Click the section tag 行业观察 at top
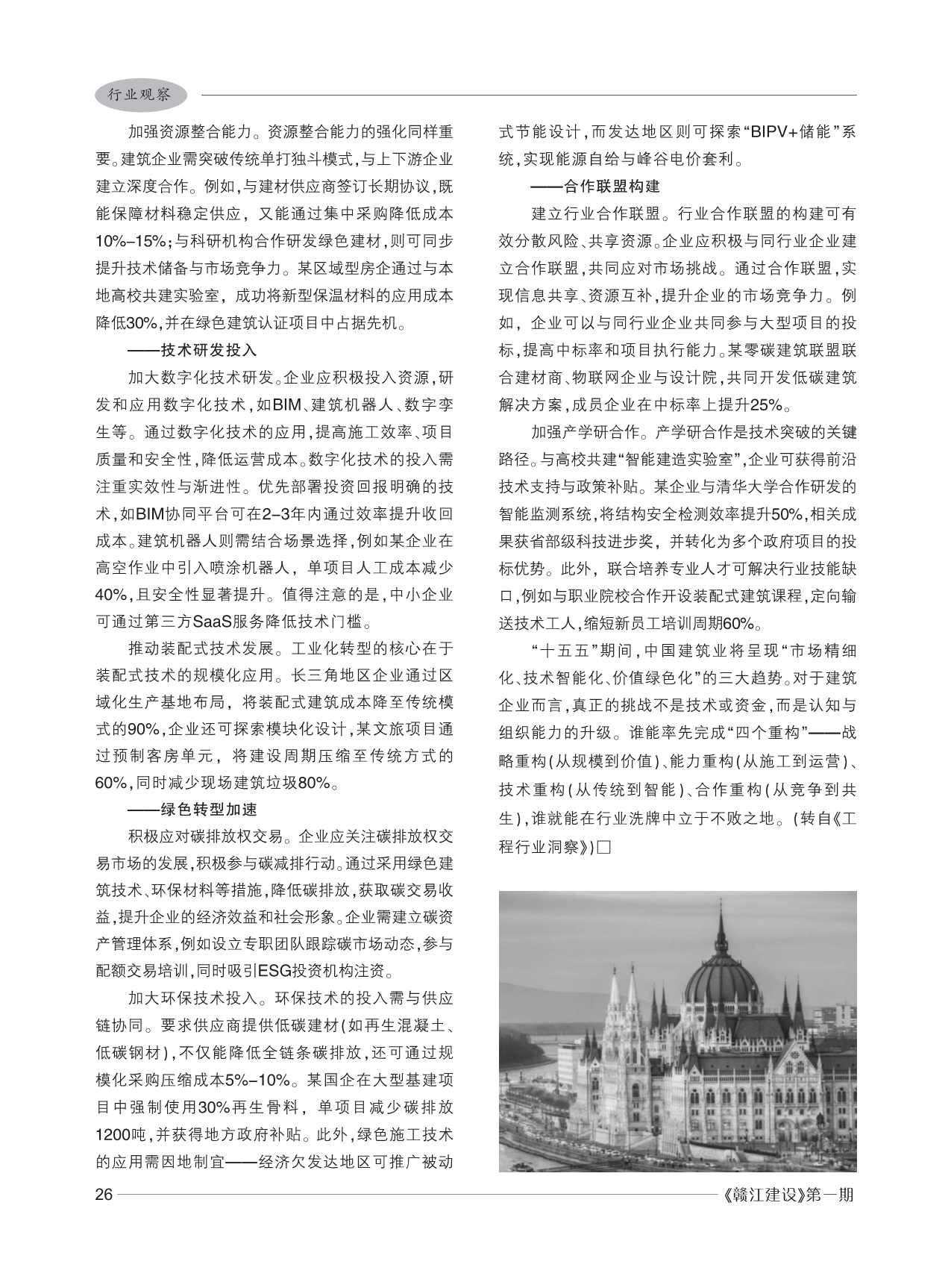pos(139,95)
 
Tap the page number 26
pos(104,1195)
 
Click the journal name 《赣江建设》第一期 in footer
pos(788,1195)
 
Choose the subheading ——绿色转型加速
pos(192,810)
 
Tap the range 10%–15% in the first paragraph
pos(131,242)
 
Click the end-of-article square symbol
pos(604,848)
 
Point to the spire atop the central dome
pos(721,922)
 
